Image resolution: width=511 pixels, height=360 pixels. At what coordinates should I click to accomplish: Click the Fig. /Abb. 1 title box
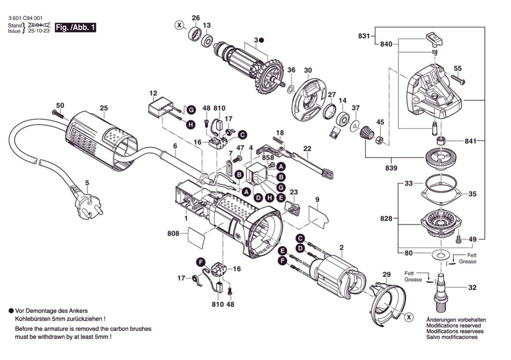tap(75, 27)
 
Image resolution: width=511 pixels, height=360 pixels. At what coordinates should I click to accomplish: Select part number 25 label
tap(104, 108)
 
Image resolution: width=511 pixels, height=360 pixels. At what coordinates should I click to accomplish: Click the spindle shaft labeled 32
tap(441, 288)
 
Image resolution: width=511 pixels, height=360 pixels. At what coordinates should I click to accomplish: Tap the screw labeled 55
tap(456, 79)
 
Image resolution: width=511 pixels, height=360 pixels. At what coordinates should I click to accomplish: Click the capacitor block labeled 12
tap(159, 108)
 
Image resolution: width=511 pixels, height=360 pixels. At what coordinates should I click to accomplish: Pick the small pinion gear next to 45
tap(366, 133)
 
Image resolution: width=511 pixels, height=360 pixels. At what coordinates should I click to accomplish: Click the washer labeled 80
tap(441, 255)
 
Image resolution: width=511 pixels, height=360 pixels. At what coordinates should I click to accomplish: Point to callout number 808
tap(173, 234)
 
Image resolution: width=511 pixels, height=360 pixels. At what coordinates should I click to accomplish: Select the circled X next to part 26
tap(179, 25)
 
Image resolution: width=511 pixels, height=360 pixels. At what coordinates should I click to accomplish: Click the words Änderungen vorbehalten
tap(456, 320)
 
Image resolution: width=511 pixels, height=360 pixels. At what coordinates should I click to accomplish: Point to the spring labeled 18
tap(280, 142)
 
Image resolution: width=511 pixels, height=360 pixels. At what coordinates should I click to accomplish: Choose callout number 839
tap(390, 169)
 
